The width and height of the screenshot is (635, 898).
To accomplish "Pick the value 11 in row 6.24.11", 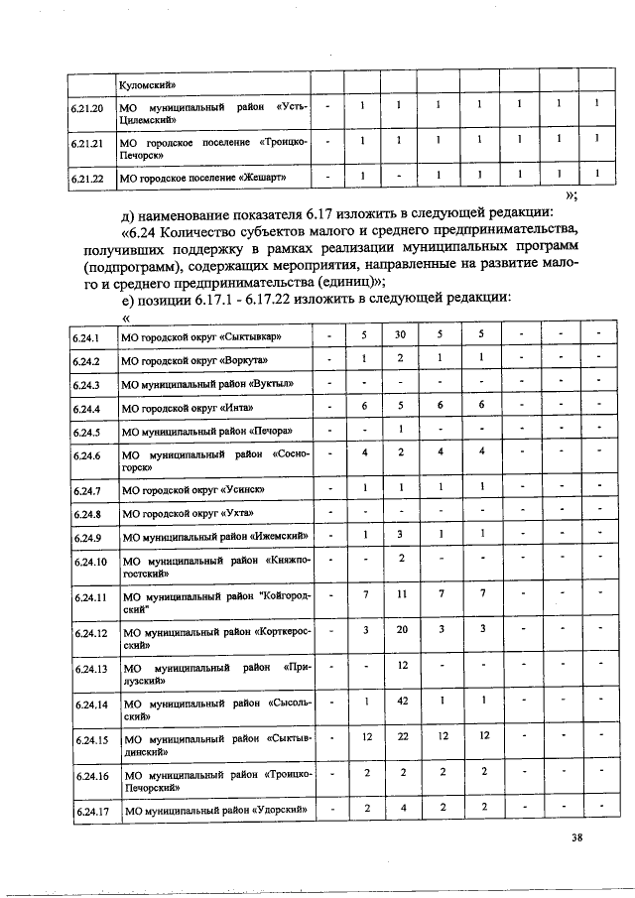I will [x=400, y=593].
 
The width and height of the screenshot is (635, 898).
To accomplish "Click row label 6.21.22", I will [x=88, y=178].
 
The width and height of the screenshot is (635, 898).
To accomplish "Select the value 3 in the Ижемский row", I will [x=400, y=534].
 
